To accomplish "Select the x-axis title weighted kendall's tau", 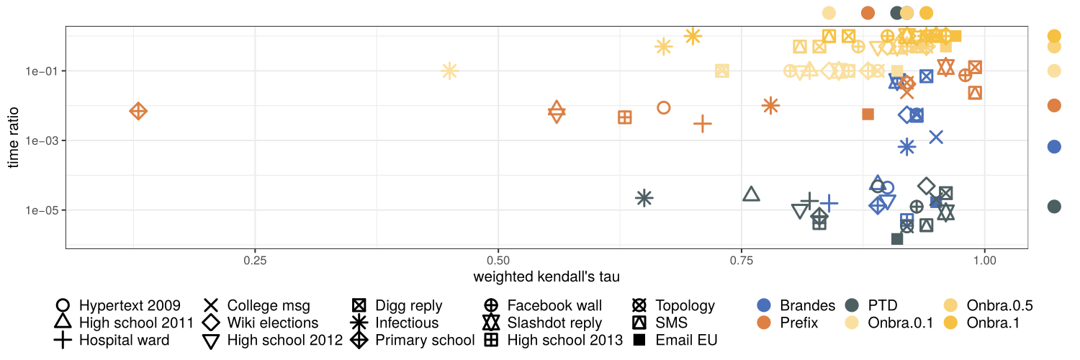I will (546, 277).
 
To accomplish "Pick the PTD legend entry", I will (888, 305).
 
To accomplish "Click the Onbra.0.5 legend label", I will (1000, 305).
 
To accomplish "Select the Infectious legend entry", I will (405, 323).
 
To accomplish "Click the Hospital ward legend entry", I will (124, 341).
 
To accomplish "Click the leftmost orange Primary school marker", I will (138, 111).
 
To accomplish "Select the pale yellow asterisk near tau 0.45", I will (449, 71).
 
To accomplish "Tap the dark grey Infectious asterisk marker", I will (644, 197).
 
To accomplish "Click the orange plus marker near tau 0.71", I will (703, 124).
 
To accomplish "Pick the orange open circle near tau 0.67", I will (664, 107).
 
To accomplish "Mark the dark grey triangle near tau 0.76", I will (751, 194).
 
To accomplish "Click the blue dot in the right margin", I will (1054, 146).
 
